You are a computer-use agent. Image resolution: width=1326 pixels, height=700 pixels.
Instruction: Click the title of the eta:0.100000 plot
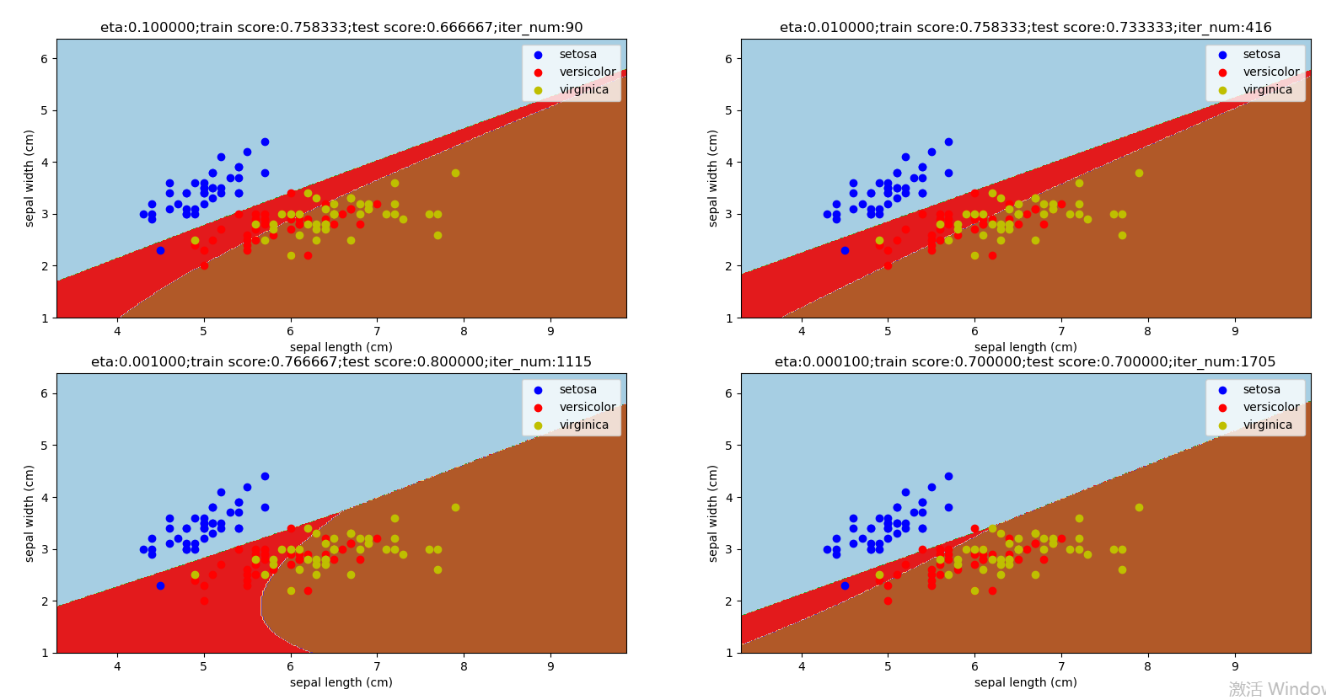pyautogui.click(x=341, y=28)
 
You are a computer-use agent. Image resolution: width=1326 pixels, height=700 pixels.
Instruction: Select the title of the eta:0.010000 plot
pyautogui.click(x=1025, y=28)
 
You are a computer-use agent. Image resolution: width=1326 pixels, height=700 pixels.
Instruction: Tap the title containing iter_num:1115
pyautogui.click(x=341, y=362)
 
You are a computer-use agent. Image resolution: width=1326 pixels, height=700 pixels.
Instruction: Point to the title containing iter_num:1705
pyautogui.click(x=1025, y=362)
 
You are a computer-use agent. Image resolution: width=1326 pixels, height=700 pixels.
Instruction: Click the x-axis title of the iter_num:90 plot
pyautogui.click(x=341, y=347)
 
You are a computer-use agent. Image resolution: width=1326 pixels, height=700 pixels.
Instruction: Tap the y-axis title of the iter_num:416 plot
pyautogui.click(x=713, y=178)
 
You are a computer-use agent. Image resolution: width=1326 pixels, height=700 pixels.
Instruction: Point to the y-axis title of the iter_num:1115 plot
pyautogui.click(x=30, y=513)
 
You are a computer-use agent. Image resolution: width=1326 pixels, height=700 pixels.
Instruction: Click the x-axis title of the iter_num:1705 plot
pyautogui.click(x=1025, y=682)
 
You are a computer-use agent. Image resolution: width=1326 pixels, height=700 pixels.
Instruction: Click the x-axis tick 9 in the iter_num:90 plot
pyautogui.click(x=550, y=331)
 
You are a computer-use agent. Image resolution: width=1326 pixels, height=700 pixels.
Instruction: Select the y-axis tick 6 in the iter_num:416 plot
pyautogui.click(x=729, y=59)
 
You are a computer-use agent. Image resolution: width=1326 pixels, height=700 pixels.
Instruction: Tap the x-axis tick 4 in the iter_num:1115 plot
pyautogui.click(x=117, y=666)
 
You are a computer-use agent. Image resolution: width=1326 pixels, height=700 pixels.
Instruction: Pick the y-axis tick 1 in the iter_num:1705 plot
pyautogui.click(x=729, y=653)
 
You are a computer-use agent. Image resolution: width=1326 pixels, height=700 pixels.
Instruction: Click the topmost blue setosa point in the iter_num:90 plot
pyautogui.click(x=265, y=142)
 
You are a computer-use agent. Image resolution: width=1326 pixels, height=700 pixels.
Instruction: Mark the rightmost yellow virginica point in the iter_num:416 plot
pyautogui.click(x=1139, y=174)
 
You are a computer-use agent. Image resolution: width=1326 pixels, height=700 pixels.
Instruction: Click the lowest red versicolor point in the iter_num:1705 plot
pyautogui.click(x=888, y=601)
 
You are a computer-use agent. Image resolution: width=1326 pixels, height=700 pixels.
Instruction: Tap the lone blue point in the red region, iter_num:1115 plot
pyautogui.click(x=160, y=585)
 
